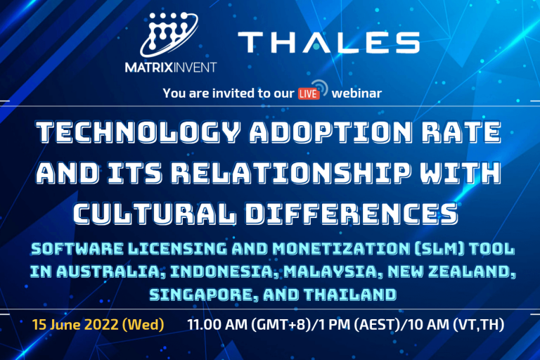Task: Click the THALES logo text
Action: pyautogui.click(x=328, y=43)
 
